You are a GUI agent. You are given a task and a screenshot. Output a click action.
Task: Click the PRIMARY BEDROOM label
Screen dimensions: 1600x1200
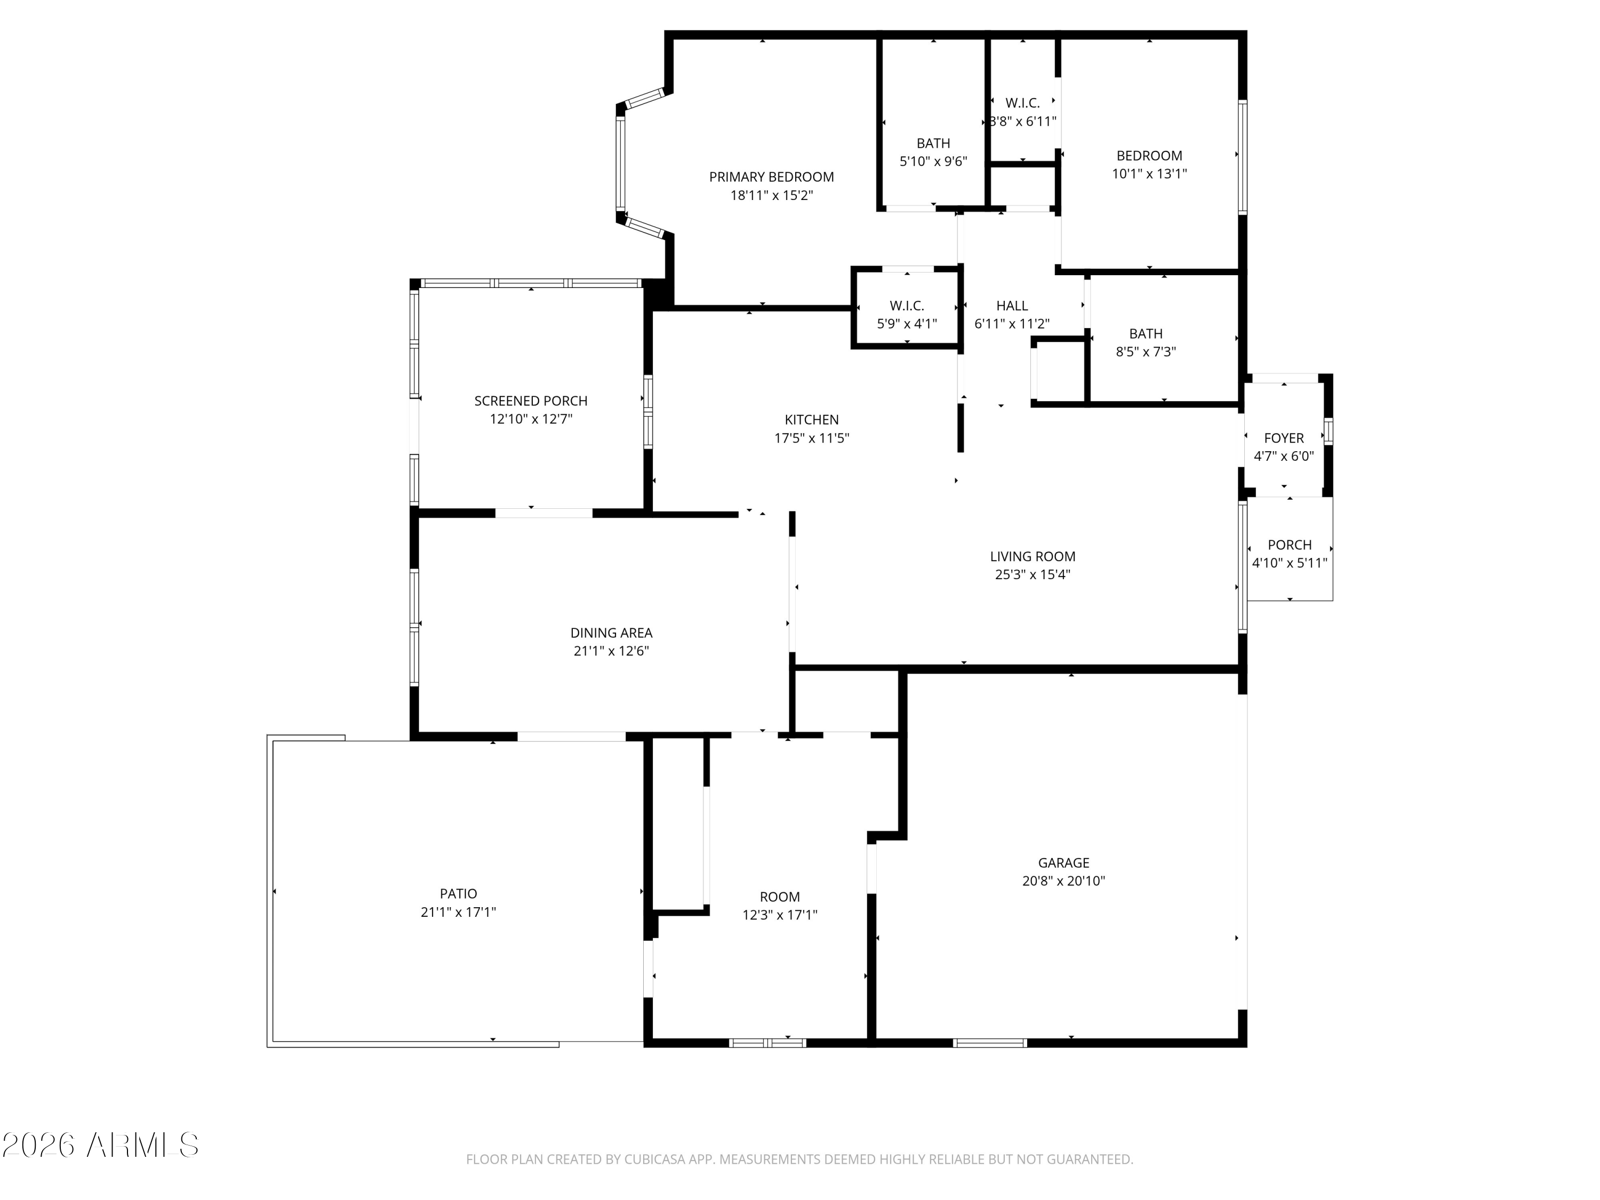[x=771, y=177]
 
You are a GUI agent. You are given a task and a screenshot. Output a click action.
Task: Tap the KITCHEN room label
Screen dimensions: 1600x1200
[x=812, y=420]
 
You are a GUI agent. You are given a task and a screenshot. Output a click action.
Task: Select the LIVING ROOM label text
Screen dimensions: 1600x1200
[x=1032, y=556]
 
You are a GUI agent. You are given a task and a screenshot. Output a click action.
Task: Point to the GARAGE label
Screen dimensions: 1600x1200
[x=1063, y=862]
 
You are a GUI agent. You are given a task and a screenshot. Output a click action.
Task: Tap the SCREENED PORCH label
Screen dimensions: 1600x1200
[x=530, y=401]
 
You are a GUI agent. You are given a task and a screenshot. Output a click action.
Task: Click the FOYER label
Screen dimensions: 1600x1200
[x=1283, y=438]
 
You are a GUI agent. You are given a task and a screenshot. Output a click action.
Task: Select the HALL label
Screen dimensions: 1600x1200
[x=1011, y=305]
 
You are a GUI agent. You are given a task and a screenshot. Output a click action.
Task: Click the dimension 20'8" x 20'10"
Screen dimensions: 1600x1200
[x=1063, y=881]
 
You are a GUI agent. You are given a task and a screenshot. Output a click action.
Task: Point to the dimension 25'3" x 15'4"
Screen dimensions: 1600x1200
[x=1032, y=574]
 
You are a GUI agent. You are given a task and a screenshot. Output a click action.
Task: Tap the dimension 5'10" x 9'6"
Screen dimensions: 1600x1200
[x=933, y=161]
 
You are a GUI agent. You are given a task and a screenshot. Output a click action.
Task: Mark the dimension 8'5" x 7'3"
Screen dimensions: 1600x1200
[x=1146, y=351]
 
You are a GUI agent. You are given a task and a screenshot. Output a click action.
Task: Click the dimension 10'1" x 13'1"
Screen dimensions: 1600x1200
[x=1149, y=173]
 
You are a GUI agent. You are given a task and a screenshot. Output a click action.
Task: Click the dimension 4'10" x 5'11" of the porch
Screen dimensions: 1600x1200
[x=1289, y=563]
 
